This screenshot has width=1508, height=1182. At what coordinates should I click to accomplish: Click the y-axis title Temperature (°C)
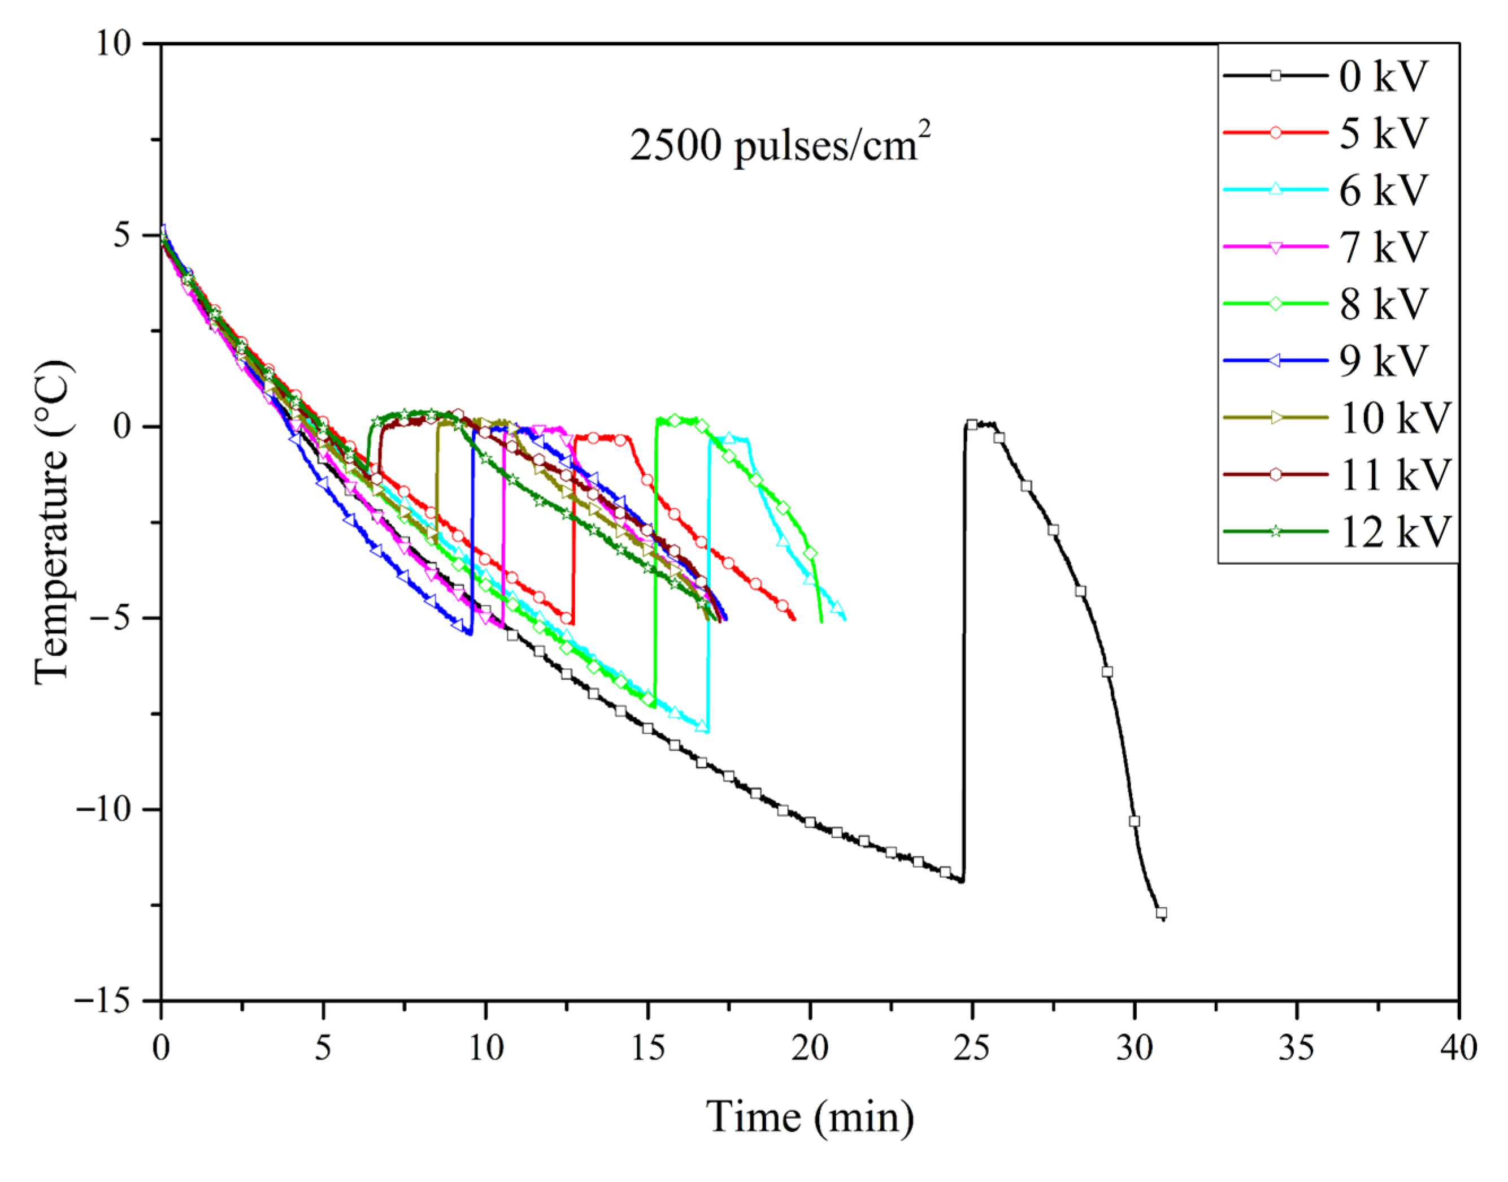(x=53, y=522)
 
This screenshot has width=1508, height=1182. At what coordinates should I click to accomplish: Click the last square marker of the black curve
(x=1162, y=912)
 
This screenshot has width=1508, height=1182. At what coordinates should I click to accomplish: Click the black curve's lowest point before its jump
(x=962, y=881)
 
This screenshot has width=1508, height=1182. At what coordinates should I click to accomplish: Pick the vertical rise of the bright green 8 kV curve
(x=655, y=561)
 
